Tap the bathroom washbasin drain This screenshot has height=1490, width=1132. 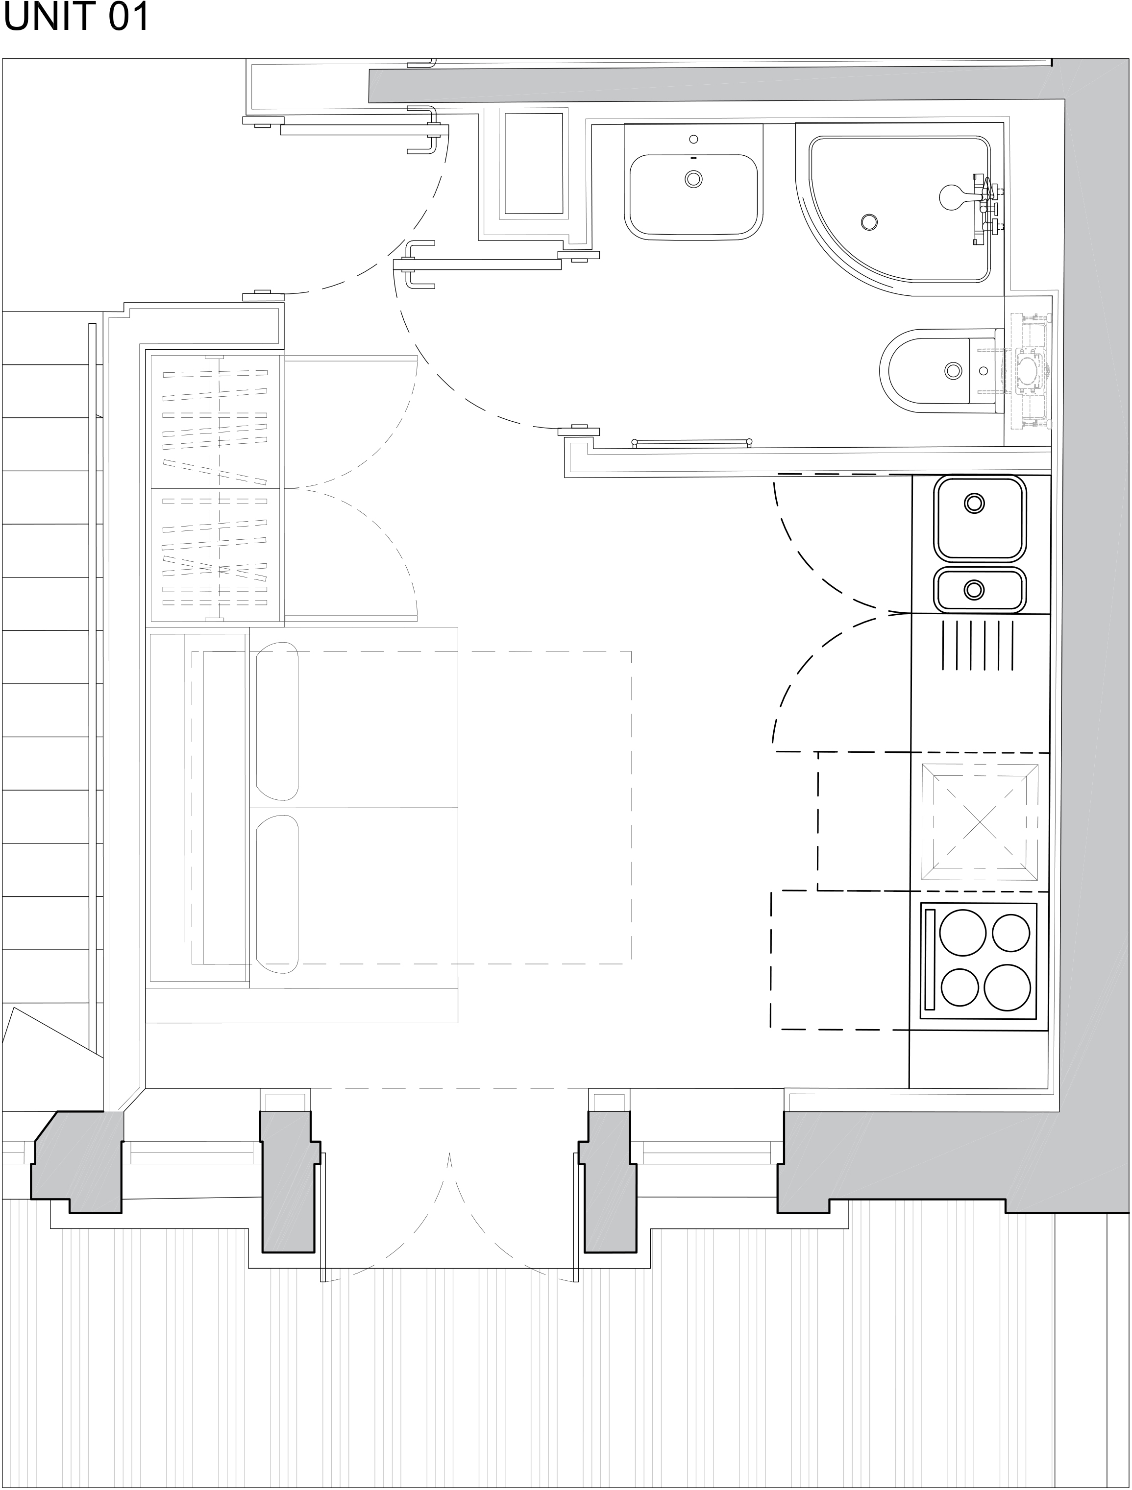pos(693,179)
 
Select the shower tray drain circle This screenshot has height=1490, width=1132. pos(869,221)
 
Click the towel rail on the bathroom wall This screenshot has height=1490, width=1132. pos(692,443)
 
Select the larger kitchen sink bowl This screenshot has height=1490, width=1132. pos(980,518)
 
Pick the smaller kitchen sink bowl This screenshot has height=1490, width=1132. pos(980,589)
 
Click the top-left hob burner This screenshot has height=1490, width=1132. pos(963,932)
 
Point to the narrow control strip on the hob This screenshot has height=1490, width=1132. pos(930,959)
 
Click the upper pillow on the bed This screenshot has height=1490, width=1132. pos(277,721)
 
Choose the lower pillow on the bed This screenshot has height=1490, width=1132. pos(277,894)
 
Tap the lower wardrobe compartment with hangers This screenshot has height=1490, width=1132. pos(215,554)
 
